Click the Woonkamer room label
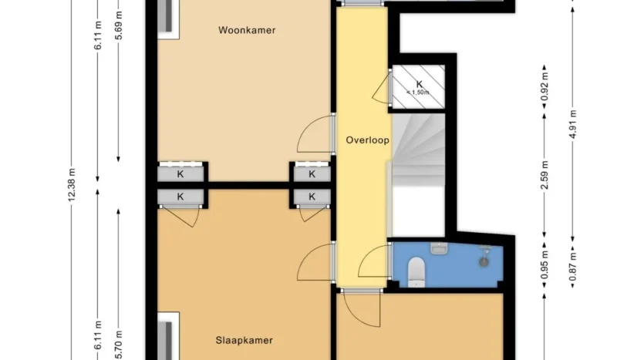(x=247, y=30)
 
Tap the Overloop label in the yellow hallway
(x=368, y=140)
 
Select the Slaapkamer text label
(x=244, y=340)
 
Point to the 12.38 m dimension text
(x=72, y=185)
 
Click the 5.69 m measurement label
(x=119, y=25)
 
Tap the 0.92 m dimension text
(x=545, y=86)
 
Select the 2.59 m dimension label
(x=545, y=176)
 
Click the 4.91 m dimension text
(x=573, y=125)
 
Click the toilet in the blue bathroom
(x=416, y=270)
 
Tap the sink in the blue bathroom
(x=438, y=248)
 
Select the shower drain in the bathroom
(x=484, y=261)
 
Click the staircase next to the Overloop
(x=419, y=150)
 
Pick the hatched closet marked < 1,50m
(x=419, y=86)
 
